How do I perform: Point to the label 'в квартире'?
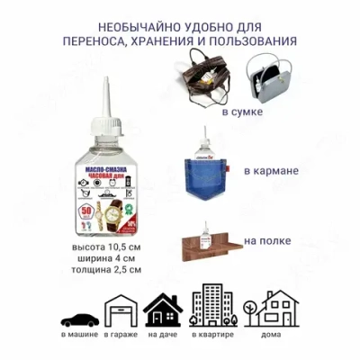(x=209, y=336)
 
